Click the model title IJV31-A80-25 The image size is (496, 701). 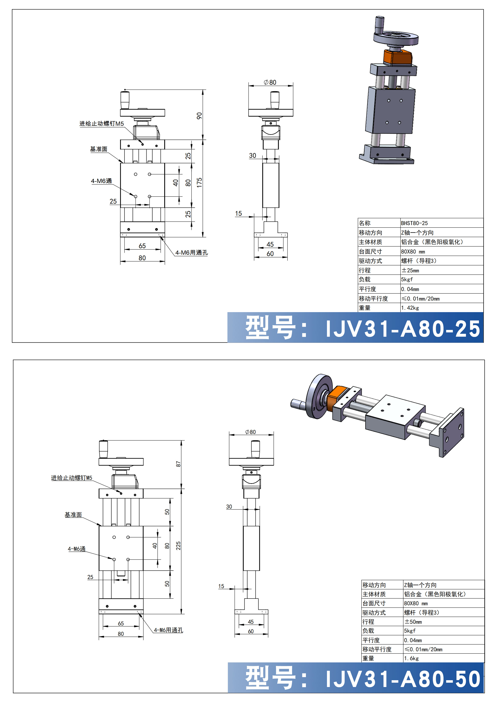[402, 329]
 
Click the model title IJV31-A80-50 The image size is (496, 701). [402, 679]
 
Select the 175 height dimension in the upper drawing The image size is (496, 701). [199, 183]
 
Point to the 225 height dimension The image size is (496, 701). [178, 546]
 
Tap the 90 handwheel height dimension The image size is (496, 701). [199, 116]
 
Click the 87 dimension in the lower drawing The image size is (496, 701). [178, 464]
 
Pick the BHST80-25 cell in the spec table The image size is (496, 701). [415, 223]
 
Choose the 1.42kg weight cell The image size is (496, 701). [410, 308]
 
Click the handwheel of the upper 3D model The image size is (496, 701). [395, 37]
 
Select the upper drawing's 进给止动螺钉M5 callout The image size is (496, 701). [102, 124]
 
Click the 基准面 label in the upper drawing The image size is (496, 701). [99, 149]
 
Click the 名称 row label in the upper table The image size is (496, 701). [365, 223]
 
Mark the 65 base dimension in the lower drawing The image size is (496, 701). [121, 623]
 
